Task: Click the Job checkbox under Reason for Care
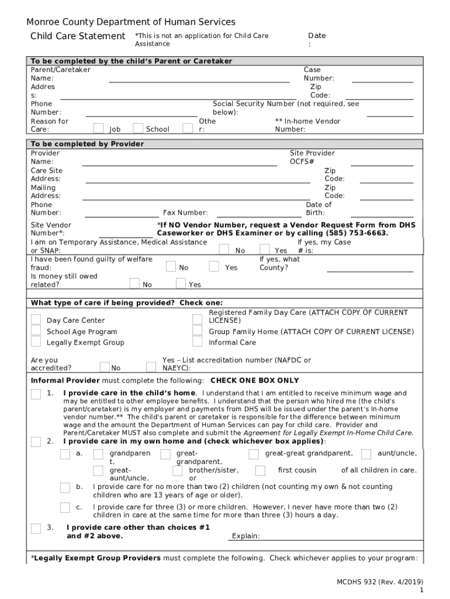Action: (99, 129)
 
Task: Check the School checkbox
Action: (139, 129)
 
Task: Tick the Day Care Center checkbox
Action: (36, 320)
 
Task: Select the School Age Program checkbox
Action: (36, 331)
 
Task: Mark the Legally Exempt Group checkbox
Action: (36, 342)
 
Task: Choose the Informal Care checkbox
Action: (198, 342)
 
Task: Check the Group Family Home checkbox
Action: (198, 331)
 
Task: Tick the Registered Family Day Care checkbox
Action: (198, 319)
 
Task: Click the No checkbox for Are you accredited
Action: (105, 367)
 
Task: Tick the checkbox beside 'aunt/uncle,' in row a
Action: (366, 453)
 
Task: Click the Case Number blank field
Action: (382, 81)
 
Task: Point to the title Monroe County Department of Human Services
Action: (130, 22)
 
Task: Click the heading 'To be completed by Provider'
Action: (87, 144)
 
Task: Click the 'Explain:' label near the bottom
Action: (246, 536)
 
